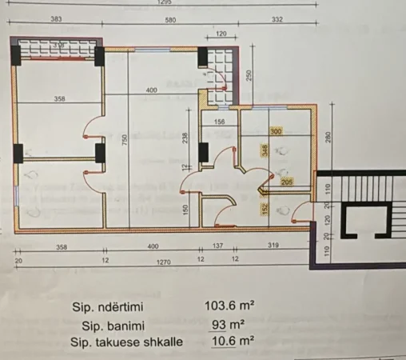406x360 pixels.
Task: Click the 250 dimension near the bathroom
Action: [249, 75]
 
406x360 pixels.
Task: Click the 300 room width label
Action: [276, 131]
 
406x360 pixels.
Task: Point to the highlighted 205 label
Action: [288, 182]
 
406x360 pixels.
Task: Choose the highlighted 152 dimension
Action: [265, 210]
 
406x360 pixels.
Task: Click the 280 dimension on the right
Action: [328, 137]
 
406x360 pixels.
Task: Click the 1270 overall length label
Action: [164, 261]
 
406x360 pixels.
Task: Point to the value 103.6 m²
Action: [230, 306]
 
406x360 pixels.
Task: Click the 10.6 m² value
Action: [232, 342]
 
